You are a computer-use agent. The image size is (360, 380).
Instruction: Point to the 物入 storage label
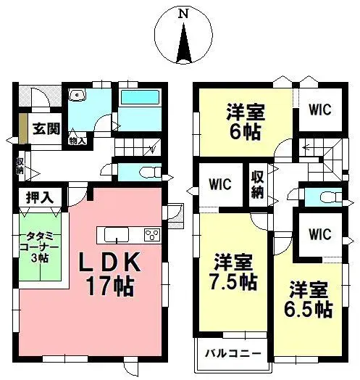tap(78, 141)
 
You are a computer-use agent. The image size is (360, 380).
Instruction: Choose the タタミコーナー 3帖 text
tap(38, 249)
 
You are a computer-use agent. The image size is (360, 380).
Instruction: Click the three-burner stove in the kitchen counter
tap(153, 234)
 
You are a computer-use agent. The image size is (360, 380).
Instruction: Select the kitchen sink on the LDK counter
tap(117, 234)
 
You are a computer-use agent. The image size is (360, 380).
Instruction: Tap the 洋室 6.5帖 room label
tap(308, 297)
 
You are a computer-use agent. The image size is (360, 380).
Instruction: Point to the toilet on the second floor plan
tap(322, 197)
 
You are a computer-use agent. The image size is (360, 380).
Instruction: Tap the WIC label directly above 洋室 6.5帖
tap(319, 234)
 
